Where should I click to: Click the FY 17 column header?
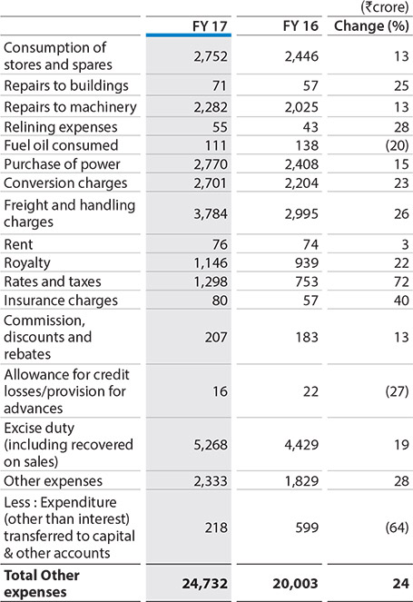click(x=210, y=26)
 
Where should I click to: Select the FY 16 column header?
click(x=300, y=26)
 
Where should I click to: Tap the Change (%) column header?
click(x=371, y=26)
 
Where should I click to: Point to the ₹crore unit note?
click(x=384, y=7)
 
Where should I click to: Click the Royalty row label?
click(x=27, y=263)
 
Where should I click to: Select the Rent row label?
click(x=18, y=244)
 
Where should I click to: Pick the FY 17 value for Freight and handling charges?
click(x=211, y=214)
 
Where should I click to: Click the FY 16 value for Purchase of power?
click(x=301, y=164)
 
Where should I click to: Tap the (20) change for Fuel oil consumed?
click(x=397, y=145)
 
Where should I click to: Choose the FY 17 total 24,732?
click(x=204, y=584)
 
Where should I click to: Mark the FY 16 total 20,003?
click(x=295, y=584)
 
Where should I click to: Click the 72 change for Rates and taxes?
click(x=401, y=281)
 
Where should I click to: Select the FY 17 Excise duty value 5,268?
click(x=211, y=445)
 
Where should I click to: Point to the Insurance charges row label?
click(x=61, y=301)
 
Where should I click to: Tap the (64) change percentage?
click(x=397, y=528)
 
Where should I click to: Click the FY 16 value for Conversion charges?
click(x=301, y=183)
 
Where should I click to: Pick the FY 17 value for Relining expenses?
click(x=220, y=127)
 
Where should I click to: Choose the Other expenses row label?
click(x=53, y=481)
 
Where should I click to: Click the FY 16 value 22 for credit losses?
click(x=310, y=391)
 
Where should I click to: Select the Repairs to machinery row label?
click(x=70, y=107)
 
